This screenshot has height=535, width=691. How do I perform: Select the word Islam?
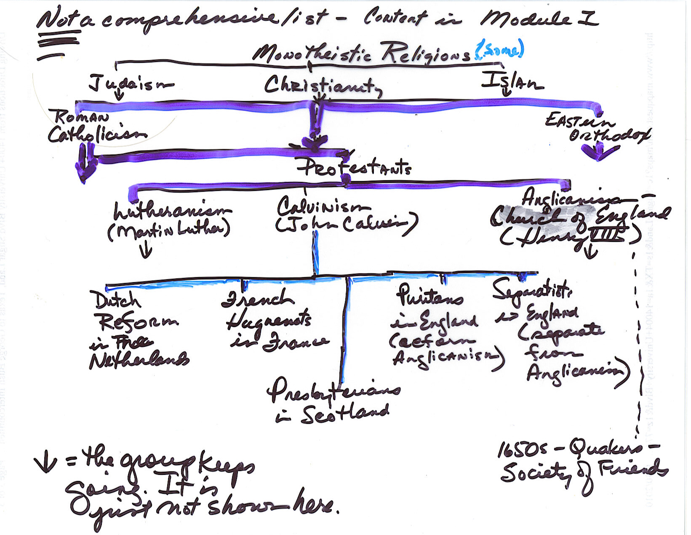[x=512, y=81]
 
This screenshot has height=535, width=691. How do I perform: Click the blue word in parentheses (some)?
[x=499, y=49]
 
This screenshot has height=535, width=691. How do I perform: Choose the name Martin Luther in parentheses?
[x=169, y=230]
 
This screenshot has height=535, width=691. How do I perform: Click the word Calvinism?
[x=323, y=206]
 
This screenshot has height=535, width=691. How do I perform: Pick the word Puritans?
[x=430, y=296]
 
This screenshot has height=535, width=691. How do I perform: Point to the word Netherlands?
[x=139, y=360]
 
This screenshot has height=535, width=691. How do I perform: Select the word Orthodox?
[x=609, y=135]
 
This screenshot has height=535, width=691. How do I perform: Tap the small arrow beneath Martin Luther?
[x=146, y=251]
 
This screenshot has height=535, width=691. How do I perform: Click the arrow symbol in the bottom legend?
[x=45, y=463]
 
